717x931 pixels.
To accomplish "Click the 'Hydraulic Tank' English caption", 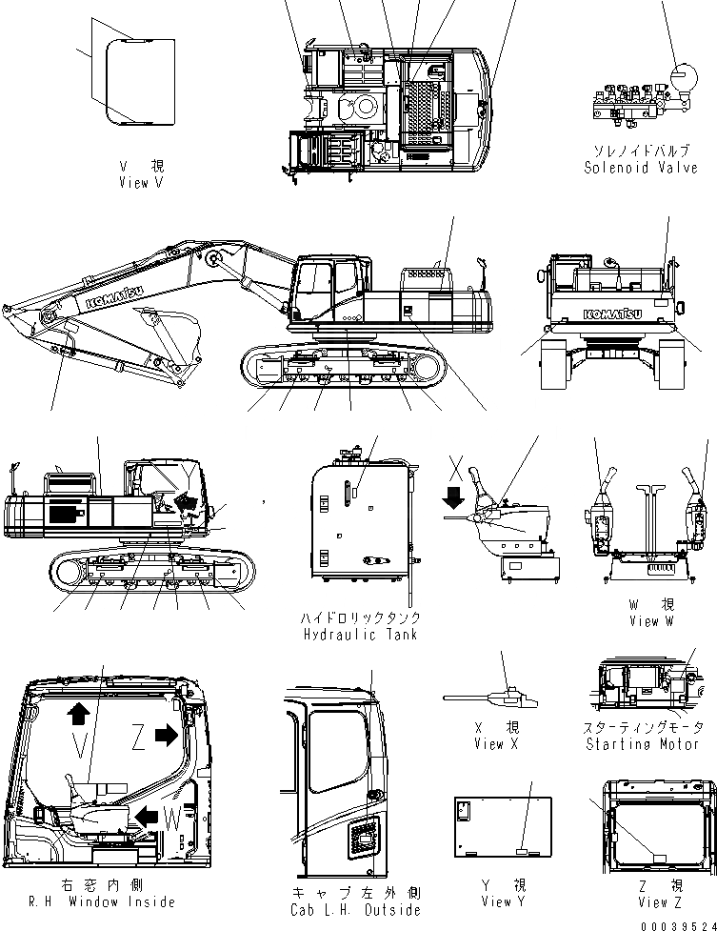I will click(360, 634).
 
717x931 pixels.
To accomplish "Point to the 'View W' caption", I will click(650, 620).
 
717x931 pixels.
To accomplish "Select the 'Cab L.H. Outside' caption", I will click(357, 910).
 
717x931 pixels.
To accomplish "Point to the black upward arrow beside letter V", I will click(78, 714).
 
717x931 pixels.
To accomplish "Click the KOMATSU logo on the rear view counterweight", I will click(612, 311).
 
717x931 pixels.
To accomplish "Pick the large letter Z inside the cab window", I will click(140, 737).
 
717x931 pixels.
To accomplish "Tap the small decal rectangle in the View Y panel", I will click(523, 873).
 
